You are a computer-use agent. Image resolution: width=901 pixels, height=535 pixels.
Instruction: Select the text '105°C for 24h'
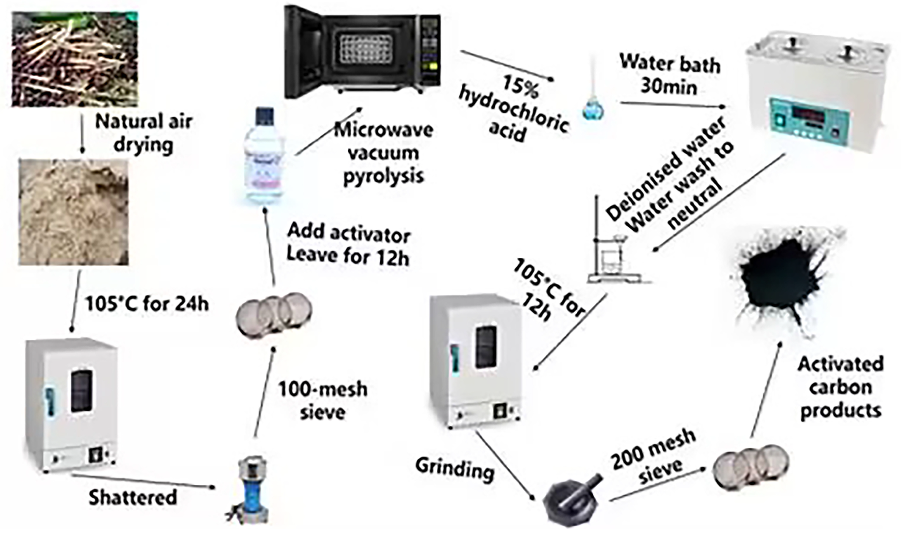pos(147,304)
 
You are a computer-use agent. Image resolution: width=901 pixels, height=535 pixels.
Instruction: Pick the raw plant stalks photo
pos(75,59)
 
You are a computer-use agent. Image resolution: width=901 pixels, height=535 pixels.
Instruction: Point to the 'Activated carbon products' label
pos(840,388)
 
